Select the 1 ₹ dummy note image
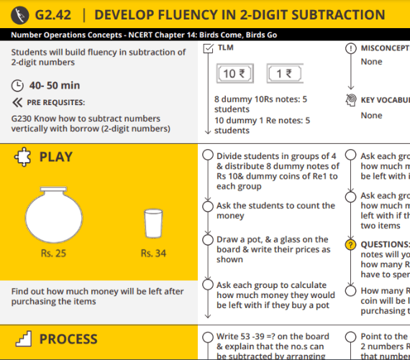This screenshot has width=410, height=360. (284, 74)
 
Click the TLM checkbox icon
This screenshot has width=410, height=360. (208, 48)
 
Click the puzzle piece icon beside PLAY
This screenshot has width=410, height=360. (22, 158)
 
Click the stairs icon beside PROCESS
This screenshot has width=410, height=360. (22, 339)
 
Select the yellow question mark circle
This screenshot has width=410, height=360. (351, 246)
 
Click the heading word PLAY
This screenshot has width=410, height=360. (56, 158)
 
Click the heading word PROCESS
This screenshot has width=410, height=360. (68, 339)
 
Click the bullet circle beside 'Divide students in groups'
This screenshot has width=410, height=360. (208, 156)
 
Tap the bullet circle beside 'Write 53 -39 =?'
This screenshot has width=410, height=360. (208, 337)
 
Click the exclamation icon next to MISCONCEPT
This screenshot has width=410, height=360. (351, 48)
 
